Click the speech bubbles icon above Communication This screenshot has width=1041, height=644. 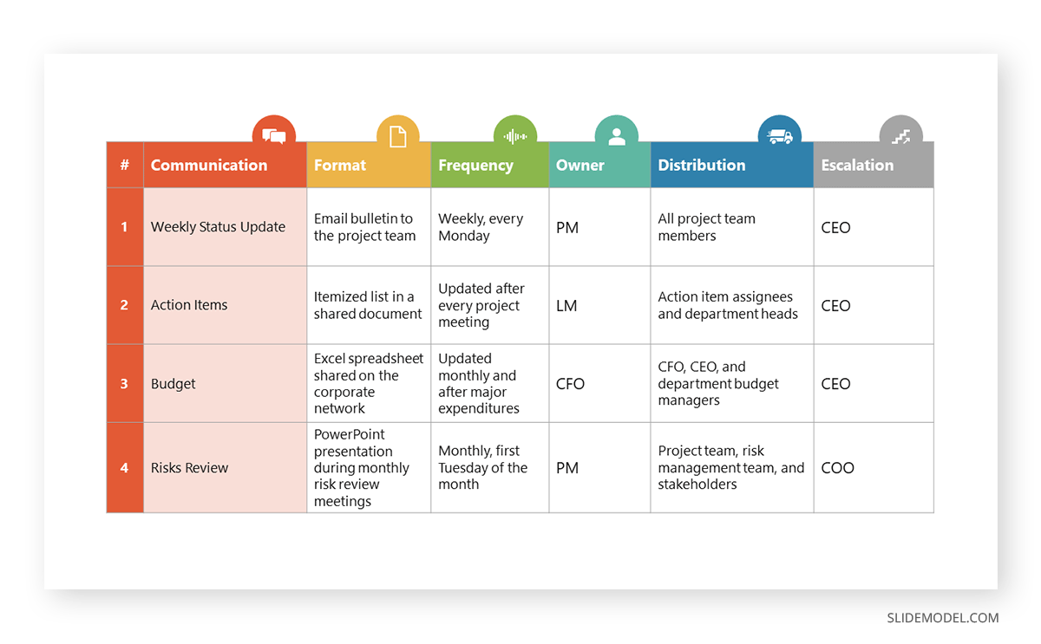click(274, 136)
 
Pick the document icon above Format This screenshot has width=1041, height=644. click(397, 136)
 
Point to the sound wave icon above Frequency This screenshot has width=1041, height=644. click(515, 136)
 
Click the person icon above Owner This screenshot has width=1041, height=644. click(617, 136)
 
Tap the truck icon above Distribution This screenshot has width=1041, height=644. click(779, 136)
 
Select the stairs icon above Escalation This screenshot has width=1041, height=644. click(901, 136)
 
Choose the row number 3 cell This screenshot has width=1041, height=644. click(125, 383)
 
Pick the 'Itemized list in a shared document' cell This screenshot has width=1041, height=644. click(368, 305)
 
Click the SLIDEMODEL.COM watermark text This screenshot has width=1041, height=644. click(942, 618)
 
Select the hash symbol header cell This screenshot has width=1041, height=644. click(125, 165)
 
